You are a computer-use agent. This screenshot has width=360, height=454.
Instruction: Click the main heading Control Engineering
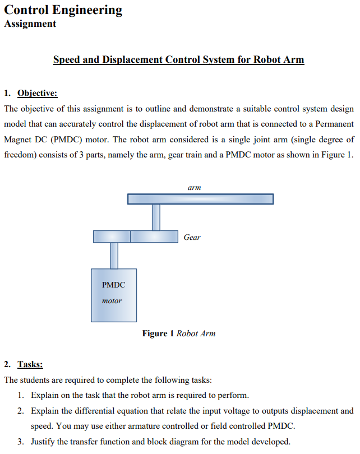pos(63,10)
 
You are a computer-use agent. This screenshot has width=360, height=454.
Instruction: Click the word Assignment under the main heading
pos(30,24)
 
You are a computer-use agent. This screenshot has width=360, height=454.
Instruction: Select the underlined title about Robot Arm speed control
pos(178,59)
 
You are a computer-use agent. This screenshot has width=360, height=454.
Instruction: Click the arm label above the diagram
pos(194,188)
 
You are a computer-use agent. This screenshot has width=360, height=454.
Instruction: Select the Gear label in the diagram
pos(192,237)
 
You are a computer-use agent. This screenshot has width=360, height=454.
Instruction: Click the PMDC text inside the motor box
pos(113,285)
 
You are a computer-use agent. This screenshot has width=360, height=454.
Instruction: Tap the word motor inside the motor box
pos(112,300)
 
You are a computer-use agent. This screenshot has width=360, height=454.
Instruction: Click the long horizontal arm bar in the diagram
pos(200,199)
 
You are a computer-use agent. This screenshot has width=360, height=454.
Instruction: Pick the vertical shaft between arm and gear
pos(156,217)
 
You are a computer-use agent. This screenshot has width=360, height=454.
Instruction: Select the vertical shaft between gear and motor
pos(114,256)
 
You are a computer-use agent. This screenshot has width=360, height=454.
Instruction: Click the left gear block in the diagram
pos(112,237)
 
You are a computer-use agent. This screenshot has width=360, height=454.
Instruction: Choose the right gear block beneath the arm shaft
pos(154,237)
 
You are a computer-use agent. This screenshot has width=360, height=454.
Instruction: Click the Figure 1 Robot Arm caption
pos(178,333)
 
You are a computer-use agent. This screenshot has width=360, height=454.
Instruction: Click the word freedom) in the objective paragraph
pos(20,155)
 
